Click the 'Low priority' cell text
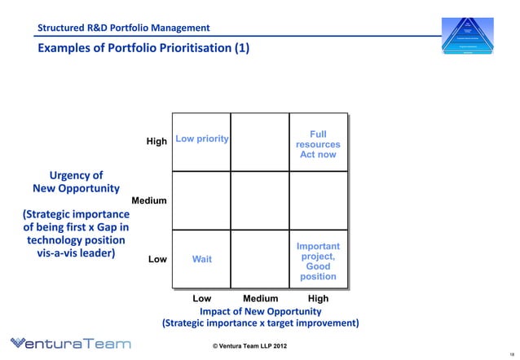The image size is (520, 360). pyautogui.click(x=201, y=139)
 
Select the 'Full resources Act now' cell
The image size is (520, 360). pyautogui.click(x=318, y=144)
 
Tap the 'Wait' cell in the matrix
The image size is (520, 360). pyautogui.click(x=201, y=260)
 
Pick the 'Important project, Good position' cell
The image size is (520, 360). pyautogui.click(x=318, y=261)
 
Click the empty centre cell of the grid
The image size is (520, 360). pyautogui.click(x=259, y=200)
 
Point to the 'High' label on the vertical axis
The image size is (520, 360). pyautogui.click(x=156, y=142)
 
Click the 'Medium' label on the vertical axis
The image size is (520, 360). pyautogui.click(x=149, y=200)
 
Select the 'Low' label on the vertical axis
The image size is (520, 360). pyautogui.click(x=157, y=260)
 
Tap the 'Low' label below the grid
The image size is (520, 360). pyautogui.click(x=201, y=299)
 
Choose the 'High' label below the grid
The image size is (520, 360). pyautogui.click(x=318, y=299)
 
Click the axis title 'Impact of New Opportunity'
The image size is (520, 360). pyautogui.click(x=260, y=311)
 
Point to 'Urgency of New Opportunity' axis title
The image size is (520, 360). pyautogui.click(x=76, y=182)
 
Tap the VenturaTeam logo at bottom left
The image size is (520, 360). pyautogui.click(x=69, y=344)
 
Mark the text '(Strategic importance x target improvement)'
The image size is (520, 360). pyautogui.click(x=260, y=323)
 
